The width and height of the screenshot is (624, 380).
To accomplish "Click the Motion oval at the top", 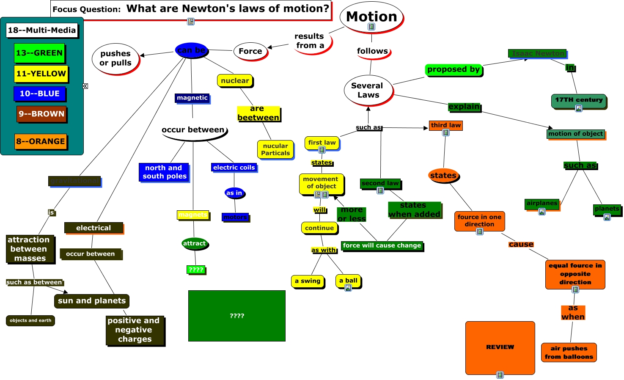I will (371, 17).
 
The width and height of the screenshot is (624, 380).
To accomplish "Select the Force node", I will (250, 51).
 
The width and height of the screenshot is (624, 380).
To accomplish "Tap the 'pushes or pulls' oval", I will (115, 58).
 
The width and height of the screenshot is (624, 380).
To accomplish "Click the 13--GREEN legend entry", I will (39, 53).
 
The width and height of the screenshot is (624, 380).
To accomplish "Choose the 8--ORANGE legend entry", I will (41, 141).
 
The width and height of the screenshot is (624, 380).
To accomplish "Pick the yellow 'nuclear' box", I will (235, 80).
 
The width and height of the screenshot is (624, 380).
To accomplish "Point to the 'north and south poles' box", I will (164, 172).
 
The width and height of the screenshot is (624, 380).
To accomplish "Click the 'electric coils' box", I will (234, 168).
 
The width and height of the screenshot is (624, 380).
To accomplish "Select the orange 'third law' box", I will (446, 125).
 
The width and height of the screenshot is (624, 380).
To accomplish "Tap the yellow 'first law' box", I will (322, 143).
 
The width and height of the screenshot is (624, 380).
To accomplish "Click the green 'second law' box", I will (380, 183).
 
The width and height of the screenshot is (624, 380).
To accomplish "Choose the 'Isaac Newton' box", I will (538, 53).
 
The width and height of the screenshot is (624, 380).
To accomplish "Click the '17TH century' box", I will (579, 101).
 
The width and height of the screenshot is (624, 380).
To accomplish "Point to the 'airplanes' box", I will (542, 204).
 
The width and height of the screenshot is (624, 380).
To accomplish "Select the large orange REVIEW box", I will (500, 347).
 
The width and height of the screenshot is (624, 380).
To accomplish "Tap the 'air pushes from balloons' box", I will (569, 352).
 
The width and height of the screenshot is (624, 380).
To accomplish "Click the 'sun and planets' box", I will (92, 301).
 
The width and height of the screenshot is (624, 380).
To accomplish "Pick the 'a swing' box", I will (308, 281).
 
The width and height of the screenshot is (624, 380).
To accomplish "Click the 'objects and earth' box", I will (30, 320).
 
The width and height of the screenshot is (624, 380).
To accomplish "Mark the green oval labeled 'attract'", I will (195, 243).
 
